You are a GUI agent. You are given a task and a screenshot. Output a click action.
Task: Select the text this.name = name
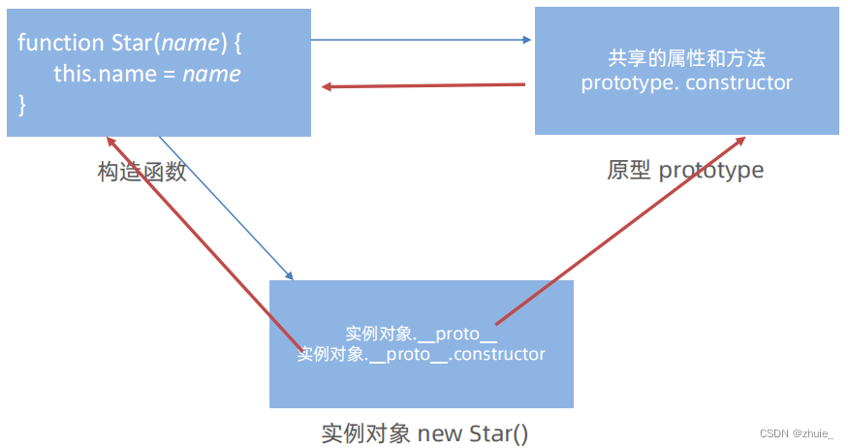[146, 74]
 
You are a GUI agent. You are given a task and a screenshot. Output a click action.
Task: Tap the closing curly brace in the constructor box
[22, 104]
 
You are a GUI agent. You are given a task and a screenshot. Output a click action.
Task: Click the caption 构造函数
[142, 171]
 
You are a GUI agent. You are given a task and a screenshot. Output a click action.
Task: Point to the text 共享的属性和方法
[686, 59]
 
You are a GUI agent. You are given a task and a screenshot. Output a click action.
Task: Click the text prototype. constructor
[686, 82]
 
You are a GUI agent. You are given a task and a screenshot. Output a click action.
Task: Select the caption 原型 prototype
[685, 171]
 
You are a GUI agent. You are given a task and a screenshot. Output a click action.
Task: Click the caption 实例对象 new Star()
[424, 432]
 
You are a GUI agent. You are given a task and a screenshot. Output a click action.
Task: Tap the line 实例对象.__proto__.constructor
[422, 354]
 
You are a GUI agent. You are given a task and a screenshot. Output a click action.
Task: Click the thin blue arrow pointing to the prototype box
[422, 41]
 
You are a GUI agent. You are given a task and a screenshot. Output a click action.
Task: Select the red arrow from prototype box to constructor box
[424, 85]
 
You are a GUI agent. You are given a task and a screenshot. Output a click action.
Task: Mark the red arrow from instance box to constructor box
[204, 242]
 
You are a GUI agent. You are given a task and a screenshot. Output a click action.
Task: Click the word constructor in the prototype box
[739, 82]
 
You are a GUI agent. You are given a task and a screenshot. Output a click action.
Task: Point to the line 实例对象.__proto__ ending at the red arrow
[421, 334]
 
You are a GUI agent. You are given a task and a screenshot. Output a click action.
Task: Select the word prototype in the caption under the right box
[710, 171]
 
